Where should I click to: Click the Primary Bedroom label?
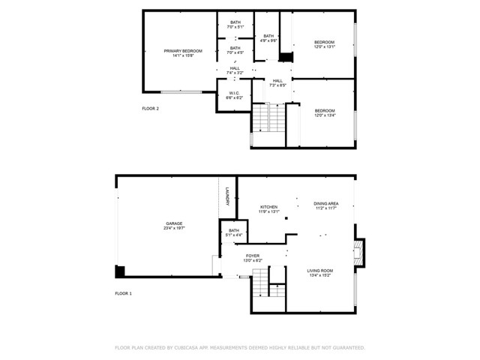point(178,51)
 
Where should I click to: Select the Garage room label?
point(174,223)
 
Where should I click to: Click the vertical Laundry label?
point(226,196)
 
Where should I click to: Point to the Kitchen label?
point(268,207)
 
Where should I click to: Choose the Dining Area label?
point(325,204)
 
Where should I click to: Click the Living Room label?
point(319,270)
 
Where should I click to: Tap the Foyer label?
point(253,256)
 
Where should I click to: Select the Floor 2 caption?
point(150,109)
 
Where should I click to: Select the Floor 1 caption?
point(123,293)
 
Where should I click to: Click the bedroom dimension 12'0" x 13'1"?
point(324,46)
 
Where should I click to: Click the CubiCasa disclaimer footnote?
point(239,348)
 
